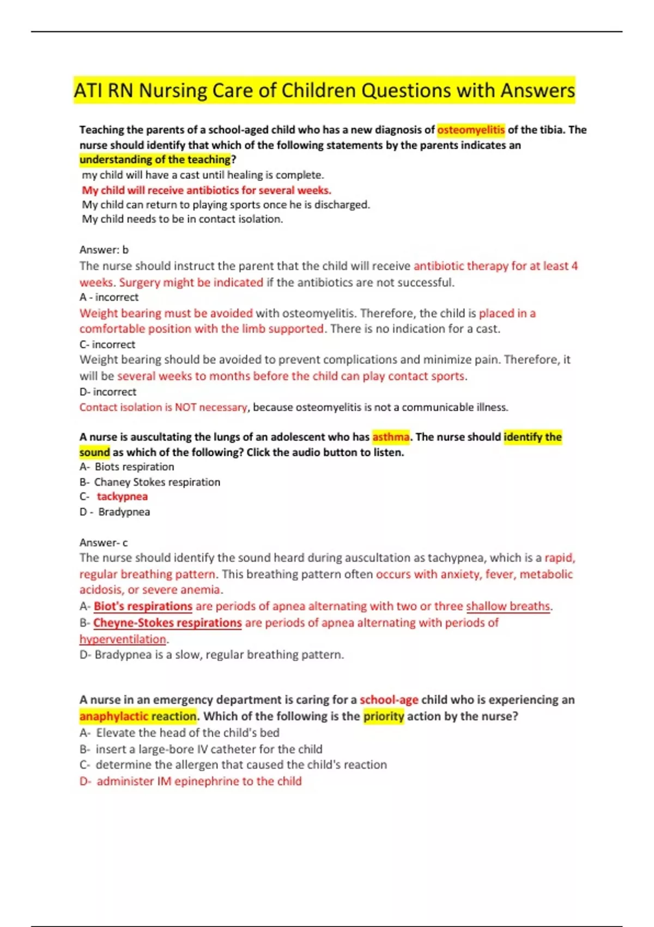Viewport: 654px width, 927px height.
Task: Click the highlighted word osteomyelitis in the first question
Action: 471,130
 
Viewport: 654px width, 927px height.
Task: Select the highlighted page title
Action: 324,90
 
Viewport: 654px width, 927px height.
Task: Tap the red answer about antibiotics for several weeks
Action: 207,190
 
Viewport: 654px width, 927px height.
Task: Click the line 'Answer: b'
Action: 104,250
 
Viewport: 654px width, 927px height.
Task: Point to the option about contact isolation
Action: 183,219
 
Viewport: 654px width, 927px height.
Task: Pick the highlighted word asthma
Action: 391,437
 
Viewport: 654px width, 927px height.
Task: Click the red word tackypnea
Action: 122,497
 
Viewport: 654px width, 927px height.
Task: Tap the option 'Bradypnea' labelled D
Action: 124,512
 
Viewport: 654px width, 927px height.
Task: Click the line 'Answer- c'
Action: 104,543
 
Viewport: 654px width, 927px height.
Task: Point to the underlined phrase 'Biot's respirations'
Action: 143,606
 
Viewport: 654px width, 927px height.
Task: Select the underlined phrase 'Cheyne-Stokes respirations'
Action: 167,623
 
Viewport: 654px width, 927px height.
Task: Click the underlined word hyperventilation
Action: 123,639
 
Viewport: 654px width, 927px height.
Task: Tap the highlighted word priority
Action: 384,716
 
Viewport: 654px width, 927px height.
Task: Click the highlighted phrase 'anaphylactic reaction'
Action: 138,716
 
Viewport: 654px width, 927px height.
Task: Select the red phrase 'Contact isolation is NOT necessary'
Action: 163,407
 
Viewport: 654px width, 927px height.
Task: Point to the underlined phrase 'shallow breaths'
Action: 508,606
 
